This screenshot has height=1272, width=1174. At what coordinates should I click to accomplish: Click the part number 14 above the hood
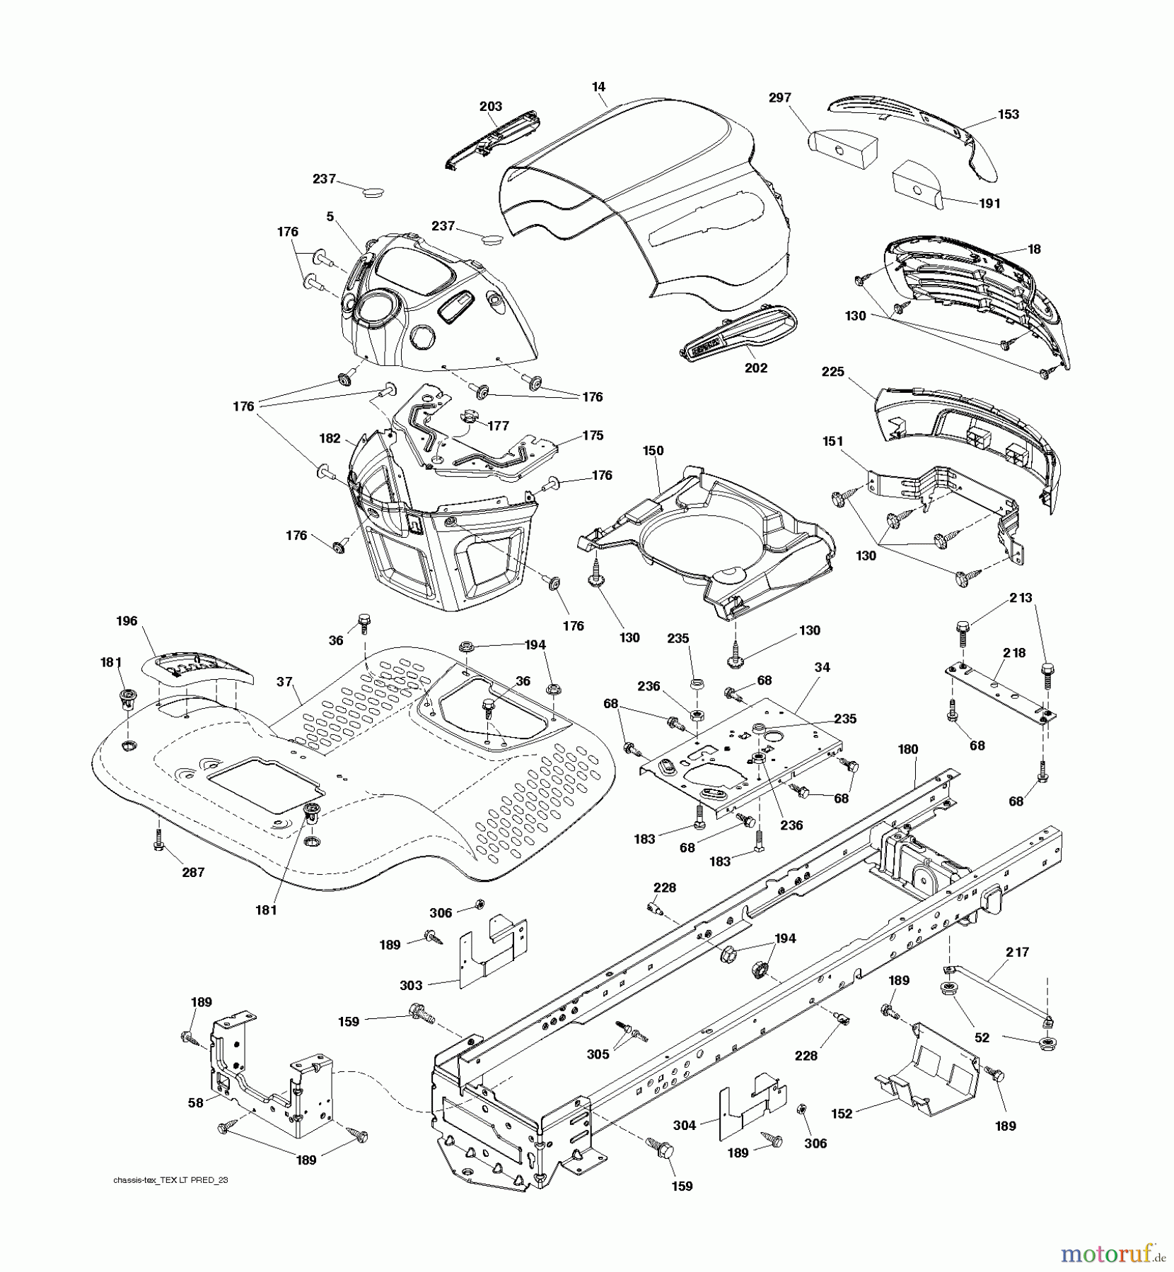[x=598, y=87]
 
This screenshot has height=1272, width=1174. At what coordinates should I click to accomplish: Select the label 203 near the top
[x=490, y=106]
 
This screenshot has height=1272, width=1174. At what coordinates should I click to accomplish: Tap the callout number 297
[x=779, y=98]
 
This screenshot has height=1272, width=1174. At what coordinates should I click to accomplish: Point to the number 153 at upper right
[x=1008, y=114]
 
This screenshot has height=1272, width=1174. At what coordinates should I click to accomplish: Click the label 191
[x=989, y=204]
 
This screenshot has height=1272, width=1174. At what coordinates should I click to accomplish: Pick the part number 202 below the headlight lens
[x=756, y=368]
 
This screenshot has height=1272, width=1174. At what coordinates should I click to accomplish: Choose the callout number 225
[x=833, y=372]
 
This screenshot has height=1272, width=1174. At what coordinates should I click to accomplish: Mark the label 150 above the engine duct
[x=653, y=450]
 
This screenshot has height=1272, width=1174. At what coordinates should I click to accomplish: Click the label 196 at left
[x=127, y=621]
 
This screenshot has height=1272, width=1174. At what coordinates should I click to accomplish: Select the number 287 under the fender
[x=193, y=873]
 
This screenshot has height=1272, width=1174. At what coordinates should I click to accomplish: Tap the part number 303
[x=411, y=985]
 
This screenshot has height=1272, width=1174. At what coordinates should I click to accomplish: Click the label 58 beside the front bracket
[x=195, y=1102]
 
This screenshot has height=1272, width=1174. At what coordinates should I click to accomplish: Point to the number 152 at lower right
[x=842, y=1114]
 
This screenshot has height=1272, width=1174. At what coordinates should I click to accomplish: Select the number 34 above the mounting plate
[x=822, y=667]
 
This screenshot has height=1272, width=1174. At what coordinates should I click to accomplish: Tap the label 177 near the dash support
[x=499, y=425]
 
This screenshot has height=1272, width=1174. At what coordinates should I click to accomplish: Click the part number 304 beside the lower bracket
[x=685, y=1125]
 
